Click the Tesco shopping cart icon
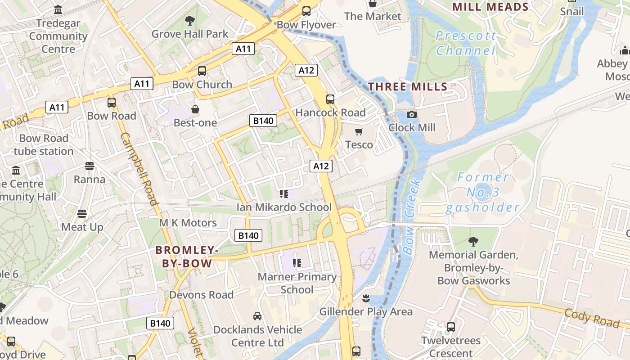coord(359,132)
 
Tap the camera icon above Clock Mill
coord(411,115)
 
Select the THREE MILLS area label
coord(408,87)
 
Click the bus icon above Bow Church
coord(202,71)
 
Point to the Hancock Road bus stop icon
coord(330,99)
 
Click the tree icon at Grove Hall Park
coord(190,20)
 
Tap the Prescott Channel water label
coord(466,43)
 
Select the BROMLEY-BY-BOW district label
coord(187,257)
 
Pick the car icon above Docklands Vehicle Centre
coord(257,316)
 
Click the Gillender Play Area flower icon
coord(366,298)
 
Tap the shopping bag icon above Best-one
coord(195,109)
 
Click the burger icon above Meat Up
coord(82,213)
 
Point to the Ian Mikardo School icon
coord(284,194)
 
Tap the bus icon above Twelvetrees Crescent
coord(450,327)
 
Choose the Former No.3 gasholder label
coord(482,193)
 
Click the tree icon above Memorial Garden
coord(473,242)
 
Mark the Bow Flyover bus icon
coord(306,11)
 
